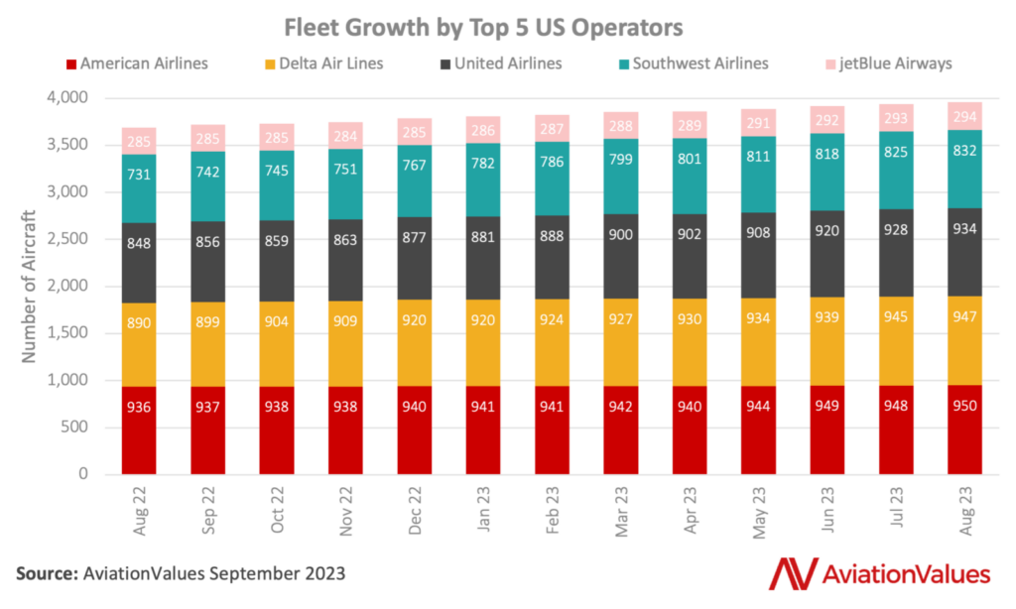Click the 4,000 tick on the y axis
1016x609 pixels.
(66, 98)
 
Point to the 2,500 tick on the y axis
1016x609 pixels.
(66, 239)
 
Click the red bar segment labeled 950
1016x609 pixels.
(965, 430)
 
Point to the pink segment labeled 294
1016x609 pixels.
(965, 115)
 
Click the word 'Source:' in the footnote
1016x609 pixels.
(48, 573)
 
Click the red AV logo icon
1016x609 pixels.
(790, 572)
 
